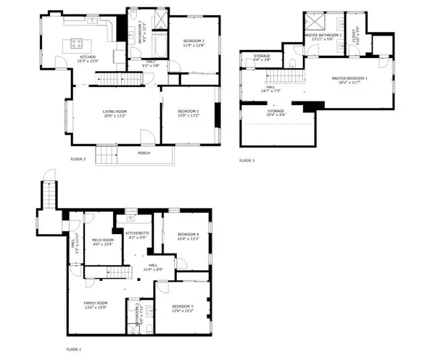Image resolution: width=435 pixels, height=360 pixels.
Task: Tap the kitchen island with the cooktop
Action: click(x=77, y=43)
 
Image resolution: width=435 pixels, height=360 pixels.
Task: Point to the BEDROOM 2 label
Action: click(x=194, y=41)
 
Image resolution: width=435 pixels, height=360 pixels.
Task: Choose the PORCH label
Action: click(x=145, y=154)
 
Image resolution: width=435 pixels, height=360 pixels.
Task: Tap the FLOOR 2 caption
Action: click(x=78, y=159)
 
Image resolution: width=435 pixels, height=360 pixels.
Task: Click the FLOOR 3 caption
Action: click(x=248, y=159)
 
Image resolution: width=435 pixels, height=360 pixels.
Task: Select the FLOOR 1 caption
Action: click(x=74, y=349)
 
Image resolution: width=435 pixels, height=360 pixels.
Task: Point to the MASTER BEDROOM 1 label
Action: click(x=350, y=78)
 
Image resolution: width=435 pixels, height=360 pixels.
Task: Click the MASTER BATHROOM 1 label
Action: click(x=323, y=35)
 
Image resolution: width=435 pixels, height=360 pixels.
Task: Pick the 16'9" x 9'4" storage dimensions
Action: click(x=276, y=114)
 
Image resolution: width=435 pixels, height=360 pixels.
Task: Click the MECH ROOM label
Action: click(x=102, y=240)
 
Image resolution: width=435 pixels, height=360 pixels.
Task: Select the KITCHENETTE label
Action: click(x=138, y=233)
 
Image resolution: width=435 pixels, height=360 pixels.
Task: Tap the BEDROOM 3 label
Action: click(x=182, y=306)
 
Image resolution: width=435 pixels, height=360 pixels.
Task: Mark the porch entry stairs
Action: click(x=107, y=154)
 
